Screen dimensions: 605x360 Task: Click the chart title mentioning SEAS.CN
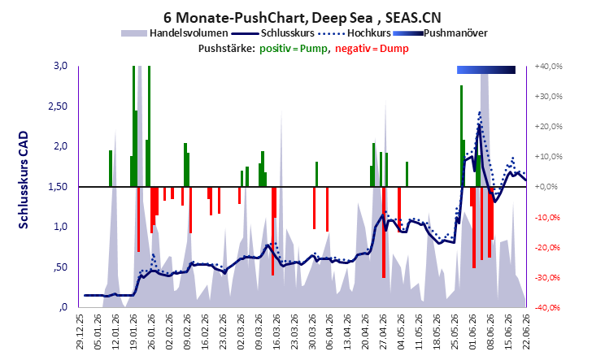(302, 18)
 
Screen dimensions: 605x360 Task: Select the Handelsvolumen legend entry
(174, 33)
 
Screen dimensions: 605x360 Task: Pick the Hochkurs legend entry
(355, 33)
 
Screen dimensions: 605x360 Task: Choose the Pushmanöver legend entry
(440, 33)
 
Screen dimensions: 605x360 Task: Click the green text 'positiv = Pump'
(293, 49)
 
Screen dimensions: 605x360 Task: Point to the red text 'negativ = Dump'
(372, 49)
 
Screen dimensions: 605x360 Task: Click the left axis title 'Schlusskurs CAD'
(24, 180)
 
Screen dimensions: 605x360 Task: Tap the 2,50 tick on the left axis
(58, 106)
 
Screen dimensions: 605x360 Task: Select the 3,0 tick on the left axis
(60, 66)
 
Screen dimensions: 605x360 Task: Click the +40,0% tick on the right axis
(548, 67)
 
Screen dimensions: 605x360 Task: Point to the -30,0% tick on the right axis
(547, 277)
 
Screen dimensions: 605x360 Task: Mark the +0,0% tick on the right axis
(546, 187)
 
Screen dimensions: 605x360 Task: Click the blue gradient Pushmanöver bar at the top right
(486, 70)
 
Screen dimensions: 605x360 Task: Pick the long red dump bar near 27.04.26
(384, 232)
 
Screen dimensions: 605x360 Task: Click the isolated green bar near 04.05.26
(407, 174)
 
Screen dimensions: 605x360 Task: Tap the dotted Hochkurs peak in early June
(480, 112)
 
